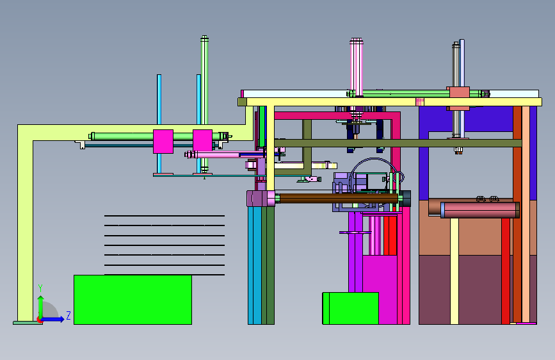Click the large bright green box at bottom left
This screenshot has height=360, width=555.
point(133,300)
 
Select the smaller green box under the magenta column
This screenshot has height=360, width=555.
point(350,308)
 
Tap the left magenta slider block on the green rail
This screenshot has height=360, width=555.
point(163,142)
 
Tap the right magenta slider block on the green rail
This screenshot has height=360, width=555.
point(202,140)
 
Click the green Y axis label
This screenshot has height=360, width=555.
point(40,288)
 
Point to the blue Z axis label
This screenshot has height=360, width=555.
point(68,315)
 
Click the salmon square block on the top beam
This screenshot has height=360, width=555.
point(460,92)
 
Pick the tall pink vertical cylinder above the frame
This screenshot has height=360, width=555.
point(357,67)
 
